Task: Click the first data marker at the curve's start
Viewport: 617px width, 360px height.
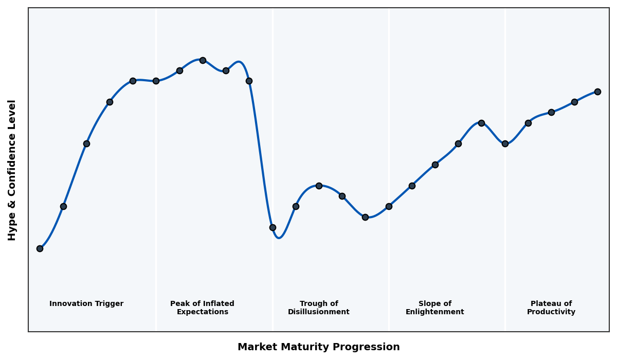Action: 40,248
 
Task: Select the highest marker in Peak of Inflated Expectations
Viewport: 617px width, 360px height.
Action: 203,60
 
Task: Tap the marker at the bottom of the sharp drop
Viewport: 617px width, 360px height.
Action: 273,227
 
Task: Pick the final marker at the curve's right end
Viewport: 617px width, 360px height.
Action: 597,92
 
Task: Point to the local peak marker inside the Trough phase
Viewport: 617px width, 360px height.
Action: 319,186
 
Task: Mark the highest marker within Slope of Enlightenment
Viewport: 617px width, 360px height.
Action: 481,123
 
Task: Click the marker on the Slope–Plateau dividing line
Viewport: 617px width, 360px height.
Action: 505,143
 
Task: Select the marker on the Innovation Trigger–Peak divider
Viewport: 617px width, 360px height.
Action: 156,81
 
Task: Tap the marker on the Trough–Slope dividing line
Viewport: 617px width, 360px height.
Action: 389,206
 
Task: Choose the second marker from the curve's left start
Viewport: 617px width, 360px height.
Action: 63,206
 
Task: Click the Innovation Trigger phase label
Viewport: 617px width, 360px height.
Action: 86,304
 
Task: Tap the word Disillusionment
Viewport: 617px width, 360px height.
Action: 319,312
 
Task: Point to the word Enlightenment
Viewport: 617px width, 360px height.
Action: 435,312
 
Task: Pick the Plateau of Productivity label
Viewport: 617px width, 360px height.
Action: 551,308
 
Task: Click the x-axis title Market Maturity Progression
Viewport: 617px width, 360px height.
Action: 319,347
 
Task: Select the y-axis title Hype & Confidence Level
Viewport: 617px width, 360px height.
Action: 12,170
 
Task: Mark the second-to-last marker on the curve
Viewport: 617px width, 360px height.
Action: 574,102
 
